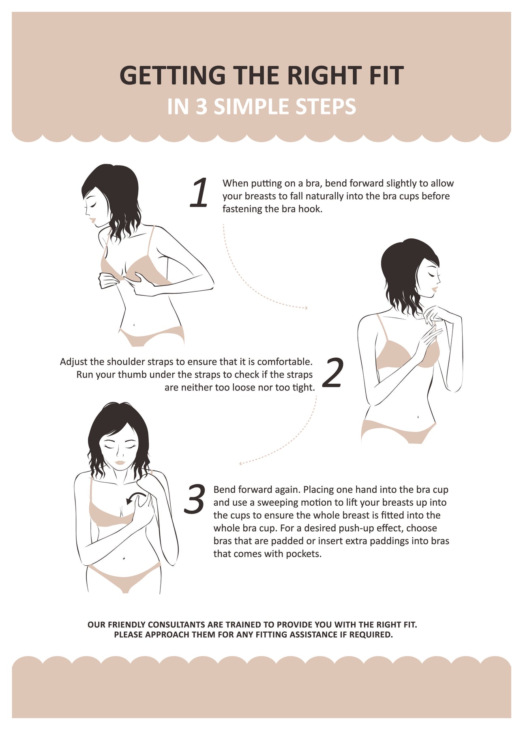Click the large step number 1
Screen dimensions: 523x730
pos(199,193)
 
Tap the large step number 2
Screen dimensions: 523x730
pos(332,372)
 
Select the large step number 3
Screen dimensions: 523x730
pos(194,499)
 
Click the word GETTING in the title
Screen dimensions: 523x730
pos(172,75)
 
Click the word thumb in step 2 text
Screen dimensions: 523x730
pos(132,375)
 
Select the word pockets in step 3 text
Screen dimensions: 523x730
pos(303,554)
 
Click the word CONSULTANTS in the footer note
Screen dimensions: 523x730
pos(177,625)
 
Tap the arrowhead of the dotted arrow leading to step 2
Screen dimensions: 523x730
pos(306,308)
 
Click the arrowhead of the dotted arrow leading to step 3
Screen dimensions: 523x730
pos(241,463)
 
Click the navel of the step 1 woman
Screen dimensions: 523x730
pos(134,324)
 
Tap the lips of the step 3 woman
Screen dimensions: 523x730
pos(120,462)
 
